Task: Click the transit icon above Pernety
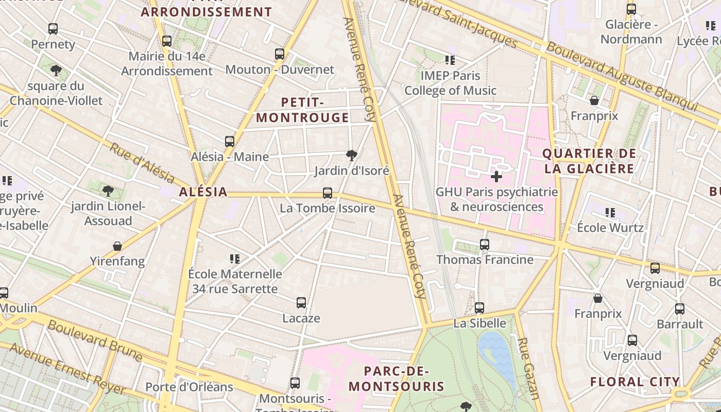[x=53, y=29]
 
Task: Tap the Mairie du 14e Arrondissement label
[x=167, y=64]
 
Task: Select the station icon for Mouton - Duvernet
[x=280, y=54]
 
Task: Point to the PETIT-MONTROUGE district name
[x=303, y=110]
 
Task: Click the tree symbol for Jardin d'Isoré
[x=352, y=154]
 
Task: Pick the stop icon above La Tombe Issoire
[x=328, y=193]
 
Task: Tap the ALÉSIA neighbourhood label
[x=203, y=192]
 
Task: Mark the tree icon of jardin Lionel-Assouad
[x=108, y=191]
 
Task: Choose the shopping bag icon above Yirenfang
[x=117, y=246]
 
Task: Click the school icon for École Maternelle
[x=235, y=259]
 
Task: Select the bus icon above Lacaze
[x=301, y=303]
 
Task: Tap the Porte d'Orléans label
[x=189, y=387]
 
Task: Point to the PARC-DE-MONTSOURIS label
[x=397, y=379]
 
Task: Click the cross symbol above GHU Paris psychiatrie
[x=496, y=177]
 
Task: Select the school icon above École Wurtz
[x=610, y=212]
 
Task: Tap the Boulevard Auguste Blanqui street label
[x=622, y=76]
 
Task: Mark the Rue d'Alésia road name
[x=142, y=162]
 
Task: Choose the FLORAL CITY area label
[x=635, y=382]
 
